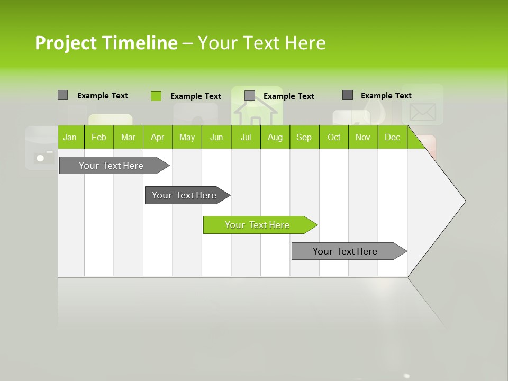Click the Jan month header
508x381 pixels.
tap(70, 138)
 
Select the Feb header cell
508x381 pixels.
tap(99, 138)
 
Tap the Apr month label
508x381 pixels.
tap(157, 138)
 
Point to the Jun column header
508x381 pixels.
tap(216, 138)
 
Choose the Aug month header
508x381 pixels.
tap(275, 138)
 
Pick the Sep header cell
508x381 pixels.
tap(304, 138)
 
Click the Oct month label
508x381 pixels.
tap(334, 138)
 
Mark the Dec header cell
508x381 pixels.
tap(392, 138)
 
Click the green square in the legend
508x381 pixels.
tap(156, 96)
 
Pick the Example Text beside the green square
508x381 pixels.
tap(195, 96)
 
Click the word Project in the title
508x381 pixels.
tap(65, 43)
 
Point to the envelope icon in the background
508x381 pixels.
tap(422, 112)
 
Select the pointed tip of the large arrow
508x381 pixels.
tap(464, 201)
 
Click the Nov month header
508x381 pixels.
tap(363, 138)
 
